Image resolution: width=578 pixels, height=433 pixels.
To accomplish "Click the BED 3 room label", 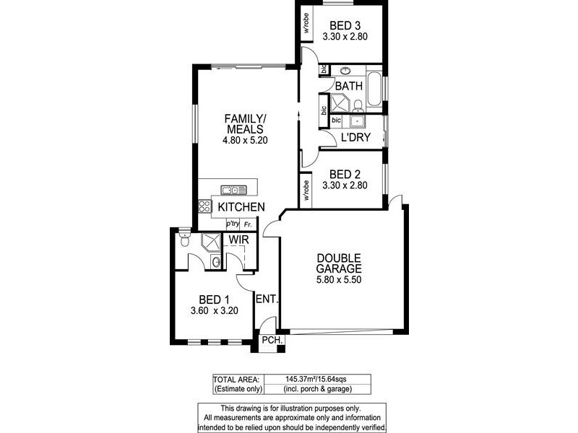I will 339,25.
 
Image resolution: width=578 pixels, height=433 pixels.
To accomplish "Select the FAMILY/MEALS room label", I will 246,123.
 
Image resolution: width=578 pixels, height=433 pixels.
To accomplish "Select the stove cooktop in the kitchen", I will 204,207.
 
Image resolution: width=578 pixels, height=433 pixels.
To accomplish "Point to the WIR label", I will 239,239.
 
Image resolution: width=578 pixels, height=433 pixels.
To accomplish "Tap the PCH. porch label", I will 271,340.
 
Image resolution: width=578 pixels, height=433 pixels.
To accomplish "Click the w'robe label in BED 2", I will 306,188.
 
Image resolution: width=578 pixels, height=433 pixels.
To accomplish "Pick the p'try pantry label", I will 233,224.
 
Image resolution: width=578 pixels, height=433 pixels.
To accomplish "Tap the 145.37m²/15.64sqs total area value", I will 317,379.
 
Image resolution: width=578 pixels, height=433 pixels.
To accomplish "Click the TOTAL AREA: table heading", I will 236,379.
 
